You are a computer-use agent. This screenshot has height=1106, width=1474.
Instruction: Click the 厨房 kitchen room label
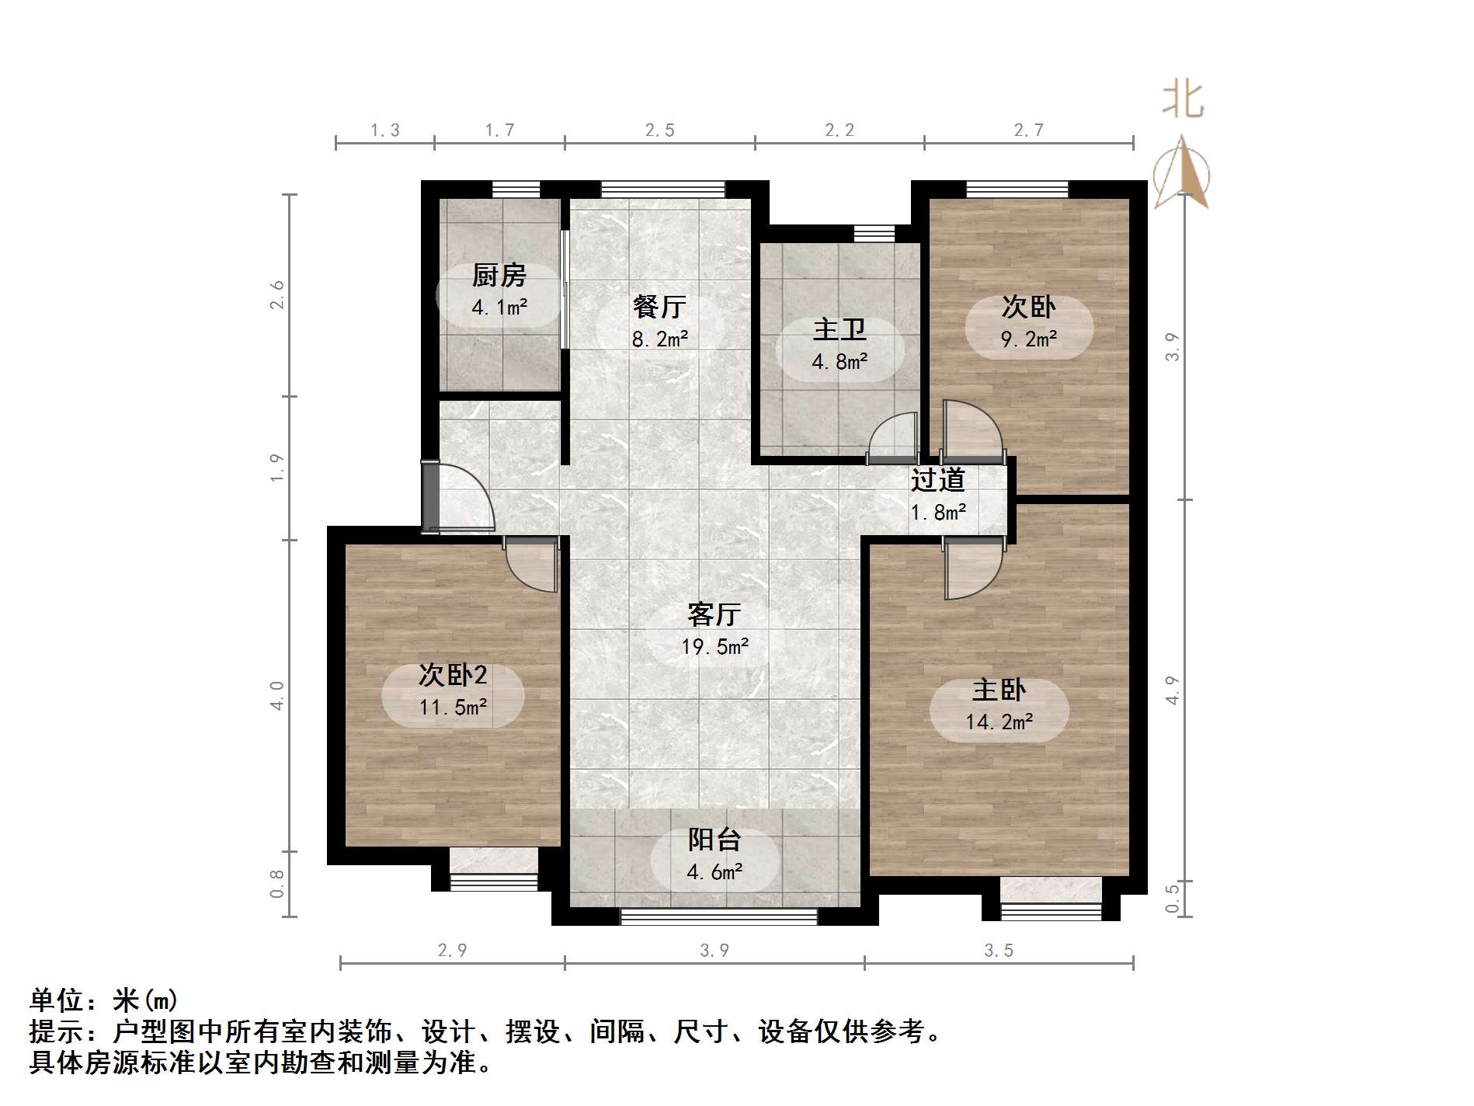coord(499,275)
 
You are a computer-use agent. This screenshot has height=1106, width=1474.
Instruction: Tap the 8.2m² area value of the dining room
coord(659,339)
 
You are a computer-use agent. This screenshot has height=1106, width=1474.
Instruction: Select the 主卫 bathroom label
coord(840,329)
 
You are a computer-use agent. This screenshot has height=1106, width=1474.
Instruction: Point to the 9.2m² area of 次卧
coord(1028,339)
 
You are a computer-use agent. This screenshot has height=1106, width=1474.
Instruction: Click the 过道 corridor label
coord(937,480)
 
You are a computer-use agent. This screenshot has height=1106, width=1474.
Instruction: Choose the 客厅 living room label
coord(714,614)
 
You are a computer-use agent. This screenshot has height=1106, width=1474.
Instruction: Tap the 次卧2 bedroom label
coord(452,675)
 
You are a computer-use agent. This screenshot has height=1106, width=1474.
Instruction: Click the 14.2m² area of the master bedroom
coord(999,722)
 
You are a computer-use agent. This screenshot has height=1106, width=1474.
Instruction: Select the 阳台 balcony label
coord(714,840)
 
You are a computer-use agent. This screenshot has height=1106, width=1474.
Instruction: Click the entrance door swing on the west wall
coord(462,497)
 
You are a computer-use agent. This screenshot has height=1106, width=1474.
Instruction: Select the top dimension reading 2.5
coord(659,130)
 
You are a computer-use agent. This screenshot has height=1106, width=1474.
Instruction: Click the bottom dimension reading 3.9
coord(714,951)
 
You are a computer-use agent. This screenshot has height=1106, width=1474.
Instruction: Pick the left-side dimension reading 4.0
coord(277,695)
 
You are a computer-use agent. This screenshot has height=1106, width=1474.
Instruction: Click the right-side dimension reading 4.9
coord(1173,690)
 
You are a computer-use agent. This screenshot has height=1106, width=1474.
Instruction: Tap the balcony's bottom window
coord(718,916)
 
